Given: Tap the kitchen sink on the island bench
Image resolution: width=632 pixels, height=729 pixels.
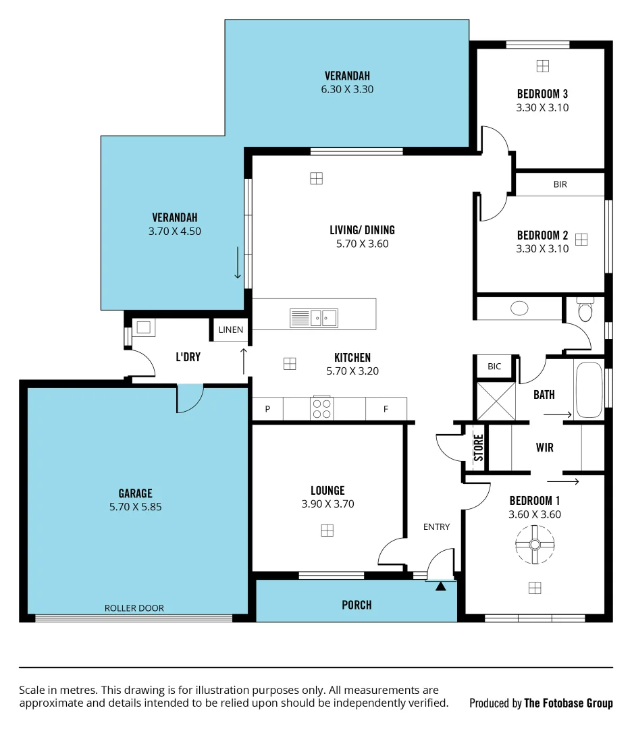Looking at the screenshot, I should tap(314, 317).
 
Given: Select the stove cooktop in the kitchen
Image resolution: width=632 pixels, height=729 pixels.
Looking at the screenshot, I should tap(322, 408).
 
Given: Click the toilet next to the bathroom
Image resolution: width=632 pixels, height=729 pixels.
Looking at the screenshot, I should tap(585, 310).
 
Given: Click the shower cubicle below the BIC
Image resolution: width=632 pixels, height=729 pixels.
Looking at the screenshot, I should tap(496, 400).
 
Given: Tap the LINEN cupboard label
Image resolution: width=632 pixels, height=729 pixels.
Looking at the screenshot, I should tap(230, 330).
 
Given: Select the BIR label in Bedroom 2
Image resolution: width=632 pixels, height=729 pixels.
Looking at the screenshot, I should tap(560, 184).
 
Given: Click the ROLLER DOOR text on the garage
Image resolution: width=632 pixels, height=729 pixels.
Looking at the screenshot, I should tap(134, 608).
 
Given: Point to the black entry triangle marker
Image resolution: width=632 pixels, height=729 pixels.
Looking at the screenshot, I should tap(441, 587).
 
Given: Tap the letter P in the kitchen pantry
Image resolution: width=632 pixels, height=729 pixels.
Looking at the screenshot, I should tap(267, 409).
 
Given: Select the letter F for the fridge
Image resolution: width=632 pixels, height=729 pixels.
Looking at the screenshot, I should tap(386, 409).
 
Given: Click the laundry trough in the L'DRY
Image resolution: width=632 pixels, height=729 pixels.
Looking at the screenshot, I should tap(143, 327).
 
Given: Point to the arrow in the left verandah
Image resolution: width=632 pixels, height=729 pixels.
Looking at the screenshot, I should tap(238, 263).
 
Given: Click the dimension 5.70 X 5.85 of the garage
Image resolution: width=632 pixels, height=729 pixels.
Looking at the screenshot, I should tap(135, 506).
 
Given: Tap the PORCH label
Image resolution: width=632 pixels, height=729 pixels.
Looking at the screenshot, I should tap(357, 605).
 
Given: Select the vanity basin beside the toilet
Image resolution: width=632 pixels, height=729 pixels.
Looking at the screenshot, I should tap(519, 308).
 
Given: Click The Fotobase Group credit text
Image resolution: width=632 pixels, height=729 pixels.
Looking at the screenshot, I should tap(569, 703).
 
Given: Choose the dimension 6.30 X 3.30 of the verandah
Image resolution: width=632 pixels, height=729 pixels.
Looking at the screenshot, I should tap(347, 89).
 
